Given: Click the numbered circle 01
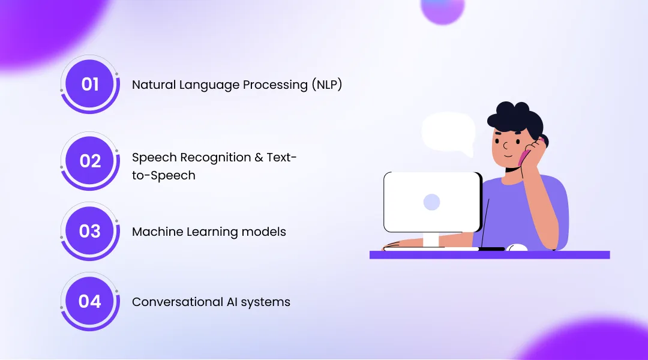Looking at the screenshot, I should coord(90,84).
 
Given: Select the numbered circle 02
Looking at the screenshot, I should coord(90,161).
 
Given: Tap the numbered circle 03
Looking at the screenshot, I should coord(90,231).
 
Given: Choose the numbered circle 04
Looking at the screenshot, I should coord(90,301).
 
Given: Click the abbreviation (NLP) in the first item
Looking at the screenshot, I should coord(326,85).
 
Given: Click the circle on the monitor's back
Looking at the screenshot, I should coord(431,202).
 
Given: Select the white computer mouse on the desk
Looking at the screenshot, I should coord(517,247).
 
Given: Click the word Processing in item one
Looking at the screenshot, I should coord(274,85).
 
